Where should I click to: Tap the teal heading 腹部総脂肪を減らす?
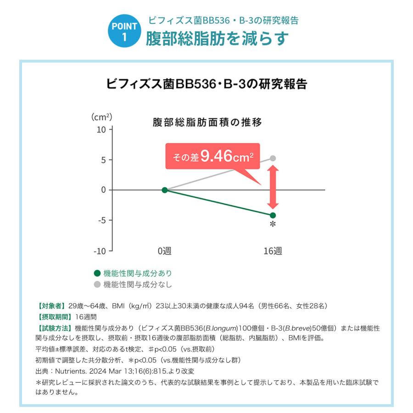click(x=217, y=39)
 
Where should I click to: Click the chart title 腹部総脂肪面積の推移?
click(x=207, y=123)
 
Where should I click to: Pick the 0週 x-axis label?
click(x=165, y=251)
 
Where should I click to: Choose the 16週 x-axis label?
click(x=273, y=251)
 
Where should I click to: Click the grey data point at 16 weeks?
click(x=273, y=158)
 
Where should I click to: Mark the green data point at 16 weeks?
click(x=273, y=215)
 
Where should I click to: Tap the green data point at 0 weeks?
click(x=165, y=190)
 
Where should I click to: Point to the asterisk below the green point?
click(x=273, y=225)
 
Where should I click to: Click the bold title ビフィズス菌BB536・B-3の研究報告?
click(x=206, y=84)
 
